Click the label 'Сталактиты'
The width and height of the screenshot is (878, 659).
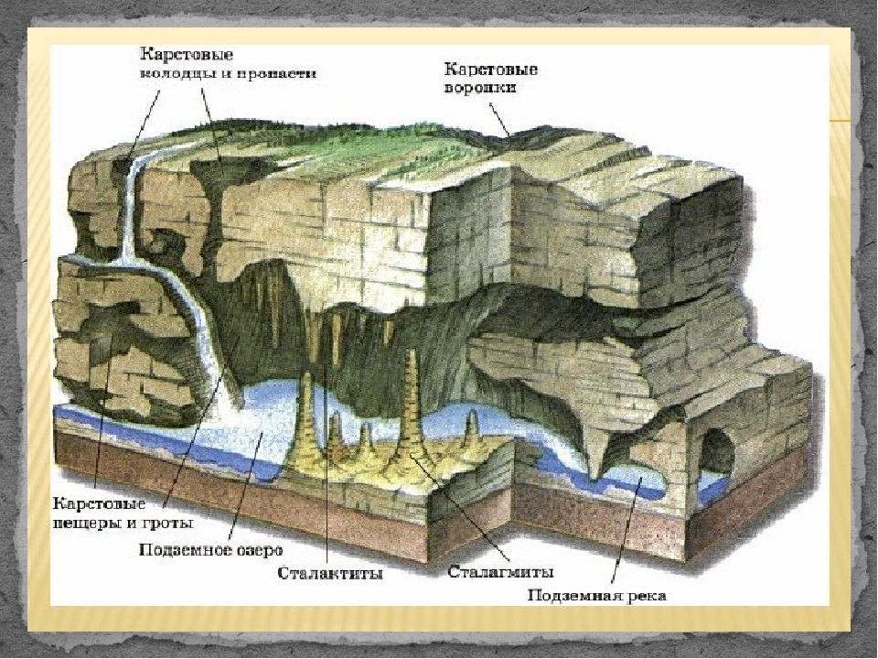pos(330,574)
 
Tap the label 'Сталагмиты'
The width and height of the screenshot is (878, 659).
pos(500,572)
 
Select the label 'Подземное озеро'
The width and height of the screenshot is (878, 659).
pos(210,550)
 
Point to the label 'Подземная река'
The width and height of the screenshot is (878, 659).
pos(597,595)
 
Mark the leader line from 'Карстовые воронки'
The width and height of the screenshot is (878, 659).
pos(499,118)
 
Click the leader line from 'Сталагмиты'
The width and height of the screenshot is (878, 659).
pos(461,508)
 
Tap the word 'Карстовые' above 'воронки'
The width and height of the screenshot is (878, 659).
pos(491,70)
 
